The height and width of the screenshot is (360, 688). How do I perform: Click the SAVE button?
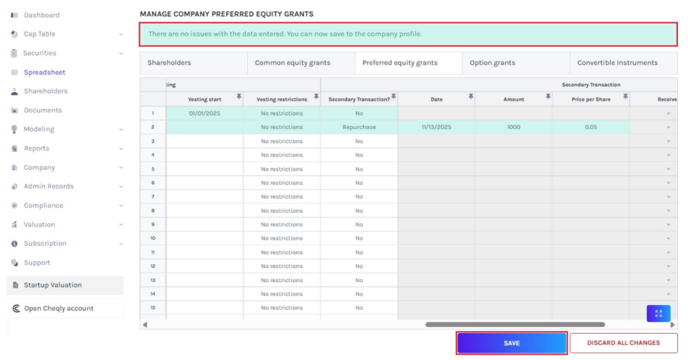[511, 343]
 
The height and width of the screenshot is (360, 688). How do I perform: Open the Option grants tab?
[492, 62]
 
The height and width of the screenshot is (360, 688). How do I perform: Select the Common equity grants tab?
[293, 62]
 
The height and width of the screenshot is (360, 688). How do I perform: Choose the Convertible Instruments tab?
[617, 62]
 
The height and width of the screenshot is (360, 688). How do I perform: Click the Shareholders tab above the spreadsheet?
[169, 62]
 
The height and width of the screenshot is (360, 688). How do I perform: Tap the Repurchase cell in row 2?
[359, 127]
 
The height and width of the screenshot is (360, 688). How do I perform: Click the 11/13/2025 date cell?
[436, 127]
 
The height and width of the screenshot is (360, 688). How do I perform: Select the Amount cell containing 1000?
[513, 127]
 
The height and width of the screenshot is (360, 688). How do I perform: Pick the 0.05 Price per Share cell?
[591, 127]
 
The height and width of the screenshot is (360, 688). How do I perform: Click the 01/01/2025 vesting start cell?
[205, 114]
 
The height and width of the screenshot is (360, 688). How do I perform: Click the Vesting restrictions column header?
[282, 99]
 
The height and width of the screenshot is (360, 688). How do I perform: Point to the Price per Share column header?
[591, 99]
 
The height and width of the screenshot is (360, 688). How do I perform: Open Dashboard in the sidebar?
[42, 15]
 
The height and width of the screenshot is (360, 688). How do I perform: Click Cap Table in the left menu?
[40, 34]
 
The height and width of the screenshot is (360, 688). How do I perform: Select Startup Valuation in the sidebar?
[53, 285]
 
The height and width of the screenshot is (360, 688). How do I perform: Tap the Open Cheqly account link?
[58, 309]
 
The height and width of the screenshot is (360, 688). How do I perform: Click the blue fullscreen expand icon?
[658, 314]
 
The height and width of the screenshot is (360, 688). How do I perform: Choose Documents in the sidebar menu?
[43, 110]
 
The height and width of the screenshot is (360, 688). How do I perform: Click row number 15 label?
[153, 308]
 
